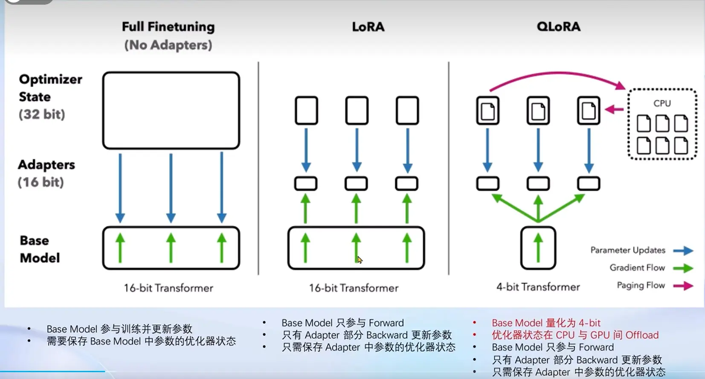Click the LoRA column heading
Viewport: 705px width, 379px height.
(368, 27)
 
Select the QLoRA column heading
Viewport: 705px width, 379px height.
(559, 27)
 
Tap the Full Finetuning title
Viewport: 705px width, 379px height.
(168, 27)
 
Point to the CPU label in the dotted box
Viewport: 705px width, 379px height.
(662, 103)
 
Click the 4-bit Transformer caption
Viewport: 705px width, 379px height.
(538, 287)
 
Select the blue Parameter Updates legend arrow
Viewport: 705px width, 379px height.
(683, 250)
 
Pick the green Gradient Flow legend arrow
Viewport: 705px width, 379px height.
(683, 268)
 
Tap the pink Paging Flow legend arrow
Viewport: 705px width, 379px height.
(683, 286)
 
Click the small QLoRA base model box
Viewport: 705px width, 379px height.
(522, 248)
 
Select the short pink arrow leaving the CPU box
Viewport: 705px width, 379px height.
(614, 109)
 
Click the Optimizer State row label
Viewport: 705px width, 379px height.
(50, 97)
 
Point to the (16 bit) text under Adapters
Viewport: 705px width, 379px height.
(41, 182)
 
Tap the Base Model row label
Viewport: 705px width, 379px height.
(40, 249)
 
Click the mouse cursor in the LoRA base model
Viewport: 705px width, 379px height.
(360, 260)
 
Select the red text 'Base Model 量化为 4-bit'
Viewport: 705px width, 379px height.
(546, 323)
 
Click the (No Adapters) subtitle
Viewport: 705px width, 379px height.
(168, 45)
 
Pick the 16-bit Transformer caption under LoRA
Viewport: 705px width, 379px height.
(354, 288)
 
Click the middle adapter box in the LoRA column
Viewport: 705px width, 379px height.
(356, 178)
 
